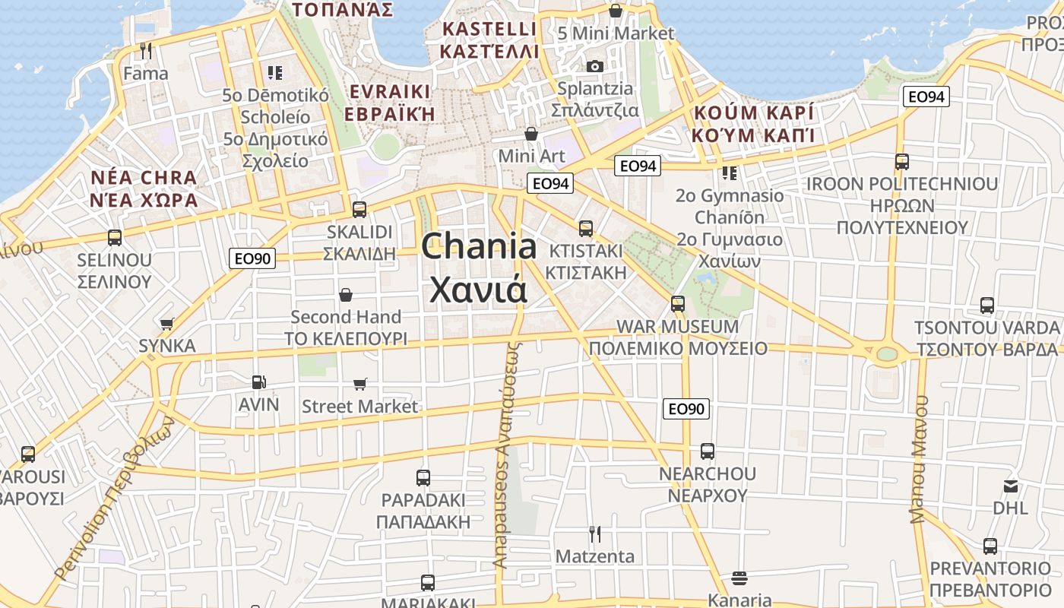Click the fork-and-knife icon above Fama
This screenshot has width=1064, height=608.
click(x=147, y=51)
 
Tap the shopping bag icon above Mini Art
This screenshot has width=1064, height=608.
click(x=531, y=134)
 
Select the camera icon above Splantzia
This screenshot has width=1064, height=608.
click(x=595, y=66)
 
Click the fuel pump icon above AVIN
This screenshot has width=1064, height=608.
click(x=258, y=382)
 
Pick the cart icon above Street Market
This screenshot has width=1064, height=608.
click(x=359, y=385)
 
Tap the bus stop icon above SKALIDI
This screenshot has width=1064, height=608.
click(x=359, y=209)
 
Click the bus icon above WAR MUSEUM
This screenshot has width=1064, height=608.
click(x=678, y=304)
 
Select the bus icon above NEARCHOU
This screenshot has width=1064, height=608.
click(x=708, y=451)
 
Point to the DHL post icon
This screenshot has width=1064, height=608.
click(x=1011, y=486)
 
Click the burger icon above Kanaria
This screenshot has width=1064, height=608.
click(x=739, y=578)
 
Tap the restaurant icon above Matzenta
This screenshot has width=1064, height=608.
click(x=595, y=534)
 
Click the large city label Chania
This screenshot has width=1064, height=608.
click(x=479, y=247)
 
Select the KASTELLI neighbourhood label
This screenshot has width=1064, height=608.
click(x=489, y=30)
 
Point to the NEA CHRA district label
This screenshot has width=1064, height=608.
click(x=144, y=178)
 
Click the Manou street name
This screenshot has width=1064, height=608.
click(x=920, y=461)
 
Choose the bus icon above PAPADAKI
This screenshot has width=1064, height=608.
click(x=423, y=478)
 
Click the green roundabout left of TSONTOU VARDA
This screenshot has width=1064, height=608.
click(x=886, y=353)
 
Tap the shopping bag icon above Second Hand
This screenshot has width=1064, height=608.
click(x=346, y=294)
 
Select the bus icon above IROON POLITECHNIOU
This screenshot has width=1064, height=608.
click(x=902, y=162)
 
